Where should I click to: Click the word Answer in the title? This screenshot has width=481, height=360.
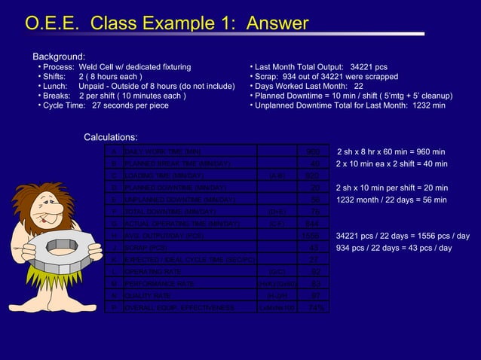[273, 24]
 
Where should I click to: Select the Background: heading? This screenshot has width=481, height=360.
[58, 56]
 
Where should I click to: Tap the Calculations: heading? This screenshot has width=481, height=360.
[110, 137]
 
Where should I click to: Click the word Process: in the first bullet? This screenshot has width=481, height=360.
[58, 67]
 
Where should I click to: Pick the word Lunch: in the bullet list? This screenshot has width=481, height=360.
[56, 87]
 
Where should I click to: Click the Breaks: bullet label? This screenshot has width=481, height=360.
[57, 96]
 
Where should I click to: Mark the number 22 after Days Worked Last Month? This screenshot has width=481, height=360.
[359, 87]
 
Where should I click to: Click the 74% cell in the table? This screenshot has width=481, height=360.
[317, 308]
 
